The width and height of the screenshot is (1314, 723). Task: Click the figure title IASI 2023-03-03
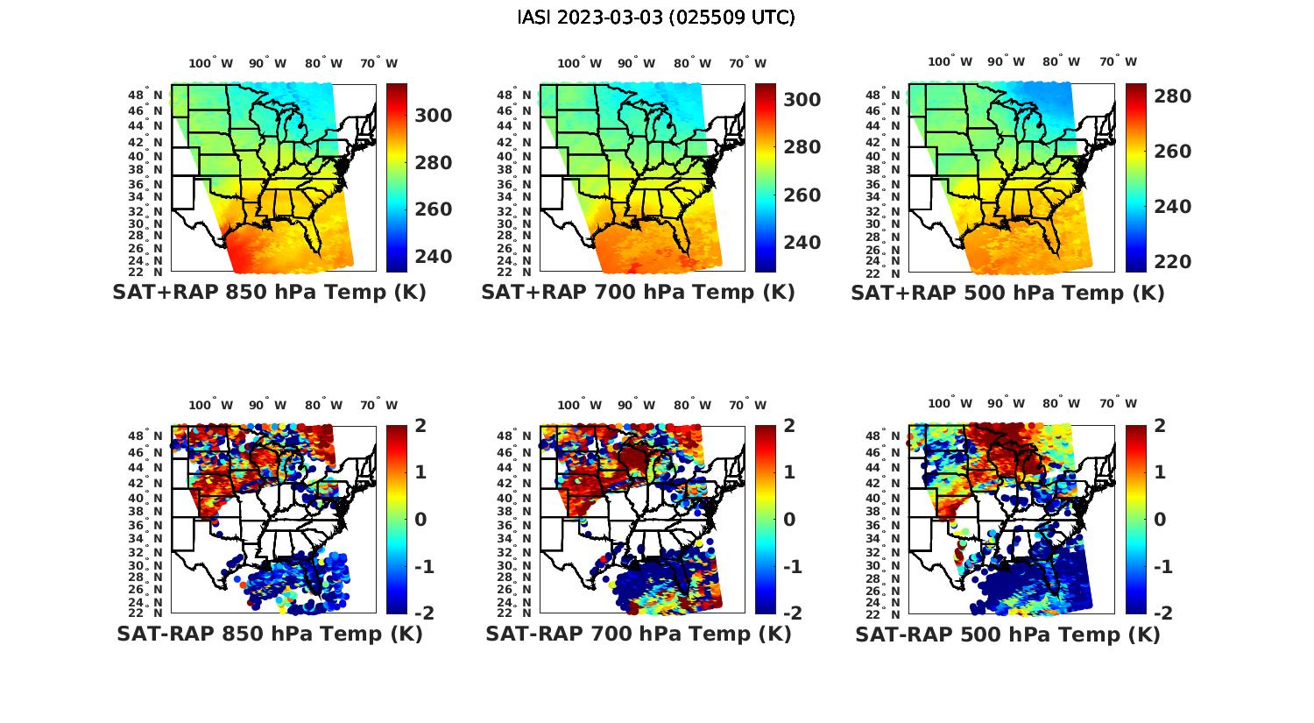[656, 18]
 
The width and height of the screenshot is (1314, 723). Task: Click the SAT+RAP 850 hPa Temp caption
[269, 293]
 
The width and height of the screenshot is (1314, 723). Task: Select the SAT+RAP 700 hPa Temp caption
[638, 293]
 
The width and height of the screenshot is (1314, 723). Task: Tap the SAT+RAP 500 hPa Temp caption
[1007, 293]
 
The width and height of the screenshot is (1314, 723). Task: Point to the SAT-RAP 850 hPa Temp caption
[269, 634]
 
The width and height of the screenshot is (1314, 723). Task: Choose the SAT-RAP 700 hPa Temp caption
[638, 634]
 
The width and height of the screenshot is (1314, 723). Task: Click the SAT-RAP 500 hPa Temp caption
[1007, 634]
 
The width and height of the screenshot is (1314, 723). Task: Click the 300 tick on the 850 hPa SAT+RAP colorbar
[434, 116]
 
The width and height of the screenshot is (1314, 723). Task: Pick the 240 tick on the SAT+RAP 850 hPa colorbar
[434, 256]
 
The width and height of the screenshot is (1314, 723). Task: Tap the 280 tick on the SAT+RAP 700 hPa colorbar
[802, 147]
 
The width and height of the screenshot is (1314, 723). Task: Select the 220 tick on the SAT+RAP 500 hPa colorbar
[1172, 261]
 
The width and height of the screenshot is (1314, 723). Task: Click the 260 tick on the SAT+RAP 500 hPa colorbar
[1172, 152]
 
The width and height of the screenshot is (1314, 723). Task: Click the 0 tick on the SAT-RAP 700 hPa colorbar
[788, 519]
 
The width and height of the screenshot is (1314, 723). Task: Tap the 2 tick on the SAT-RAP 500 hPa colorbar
[1160, 426]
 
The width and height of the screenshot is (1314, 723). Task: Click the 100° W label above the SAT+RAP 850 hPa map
[211, 63]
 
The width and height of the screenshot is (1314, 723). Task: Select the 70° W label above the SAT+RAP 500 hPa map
[1118, 61]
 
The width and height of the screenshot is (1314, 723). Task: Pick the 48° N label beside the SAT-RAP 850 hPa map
[146, 436]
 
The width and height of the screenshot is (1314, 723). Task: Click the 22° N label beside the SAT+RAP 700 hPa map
[515, 271]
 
